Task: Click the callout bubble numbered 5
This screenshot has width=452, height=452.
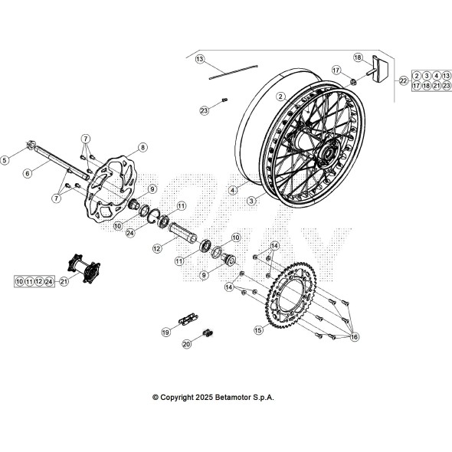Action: click(5, 161)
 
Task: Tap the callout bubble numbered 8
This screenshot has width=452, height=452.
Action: click(142, 147)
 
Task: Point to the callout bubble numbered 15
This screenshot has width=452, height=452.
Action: click(258, 329)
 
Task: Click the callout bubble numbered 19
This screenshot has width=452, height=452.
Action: click(165, 332)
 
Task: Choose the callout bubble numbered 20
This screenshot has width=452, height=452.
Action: click(188, 345)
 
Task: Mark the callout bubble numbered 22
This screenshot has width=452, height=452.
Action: click(402, 80)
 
